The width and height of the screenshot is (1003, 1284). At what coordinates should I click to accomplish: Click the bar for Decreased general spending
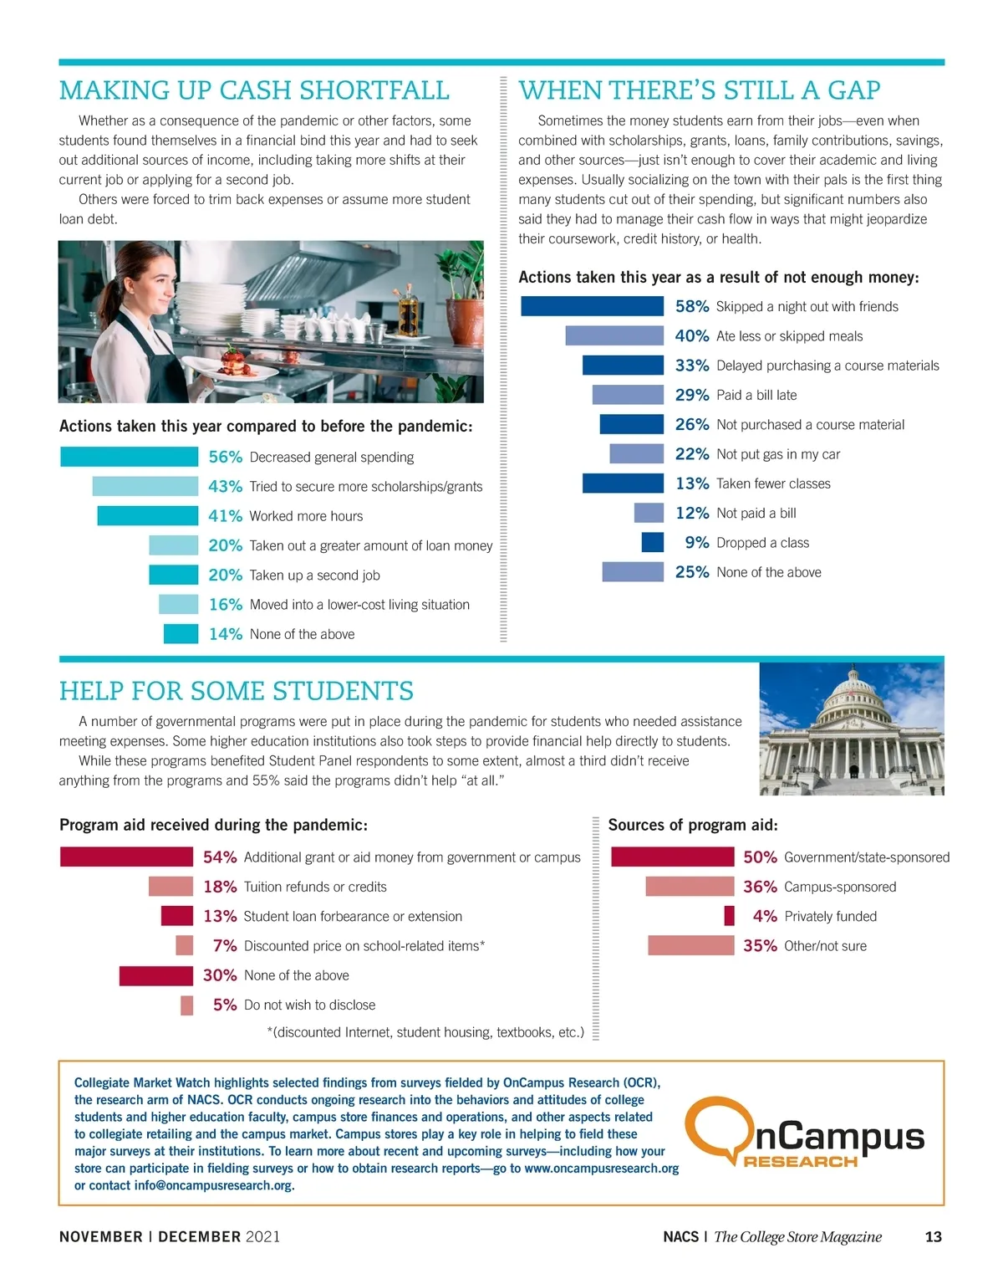coord(129,457)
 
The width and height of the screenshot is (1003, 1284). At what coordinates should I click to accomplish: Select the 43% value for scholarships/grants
coord(225,486)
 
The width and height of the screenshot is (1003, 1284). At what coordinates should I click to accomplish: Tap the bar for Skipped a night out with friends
coord(592,306)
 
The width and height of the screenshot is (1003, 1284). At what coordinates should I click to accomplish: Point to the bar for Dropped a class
coord(652,542)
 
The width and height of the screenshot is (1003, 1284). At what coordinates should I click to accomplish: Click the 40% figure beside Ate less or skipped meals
coord(691,335)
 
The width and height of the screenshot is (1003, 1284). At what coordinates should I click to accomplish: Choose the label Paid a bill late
coord(756,395)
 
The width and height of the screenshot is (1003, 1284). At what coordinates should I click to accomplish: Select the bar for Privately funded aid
coord(729,916)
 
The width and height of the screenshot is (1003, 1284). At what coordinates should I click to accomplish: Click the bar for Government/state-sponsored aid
coord(672,857)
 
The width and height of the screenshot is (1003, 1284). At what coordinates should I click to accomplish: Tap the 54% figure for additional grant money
coord(220,857)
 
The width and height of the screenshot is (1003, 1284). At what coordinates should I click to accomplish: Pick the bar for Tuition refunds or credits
coord(171,887)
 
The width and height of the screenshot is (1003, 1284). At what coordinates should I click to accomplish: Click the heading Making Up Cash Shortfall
coord(254,90)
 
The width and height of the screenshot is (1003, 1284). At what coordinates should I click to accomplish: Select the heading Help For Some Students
coord(236,691)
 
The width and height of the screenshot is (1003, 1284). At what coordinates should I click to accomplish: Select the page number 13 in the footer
coord(933,1236)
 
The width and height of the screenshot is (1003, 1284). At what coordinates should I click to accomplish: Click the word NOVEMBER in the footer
coord(100,1236)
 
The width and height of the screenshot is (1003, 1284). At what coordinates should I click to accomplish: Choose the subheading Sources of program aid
coord(692,825)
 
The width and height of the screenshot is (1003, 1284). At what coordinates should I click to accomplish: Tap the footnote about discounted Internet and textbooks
coord(425,1032)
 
